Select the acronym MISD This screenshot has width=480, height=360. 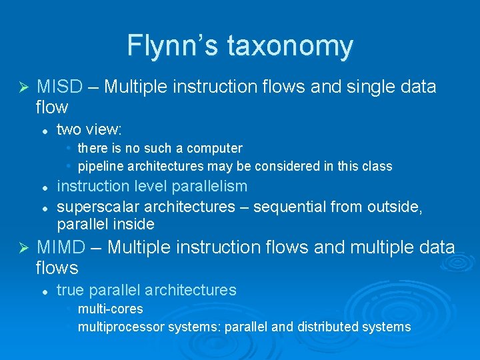pos(59,87)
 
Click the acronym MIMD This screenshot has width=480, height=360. pos(61,247)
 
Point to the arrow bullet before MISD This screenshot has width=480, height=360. pos(23,87)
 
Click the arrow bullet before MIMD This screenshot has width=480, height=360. pos(23,248)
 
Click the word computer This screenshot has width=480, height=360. pos(214,148)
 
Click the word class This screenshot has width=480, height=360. pos(377,166)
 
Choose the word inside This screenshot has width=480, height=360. pos(133,224)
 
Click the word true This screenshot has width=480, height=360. pos(71,290)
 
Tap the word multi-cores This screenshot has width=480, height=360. pos(110,309)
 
